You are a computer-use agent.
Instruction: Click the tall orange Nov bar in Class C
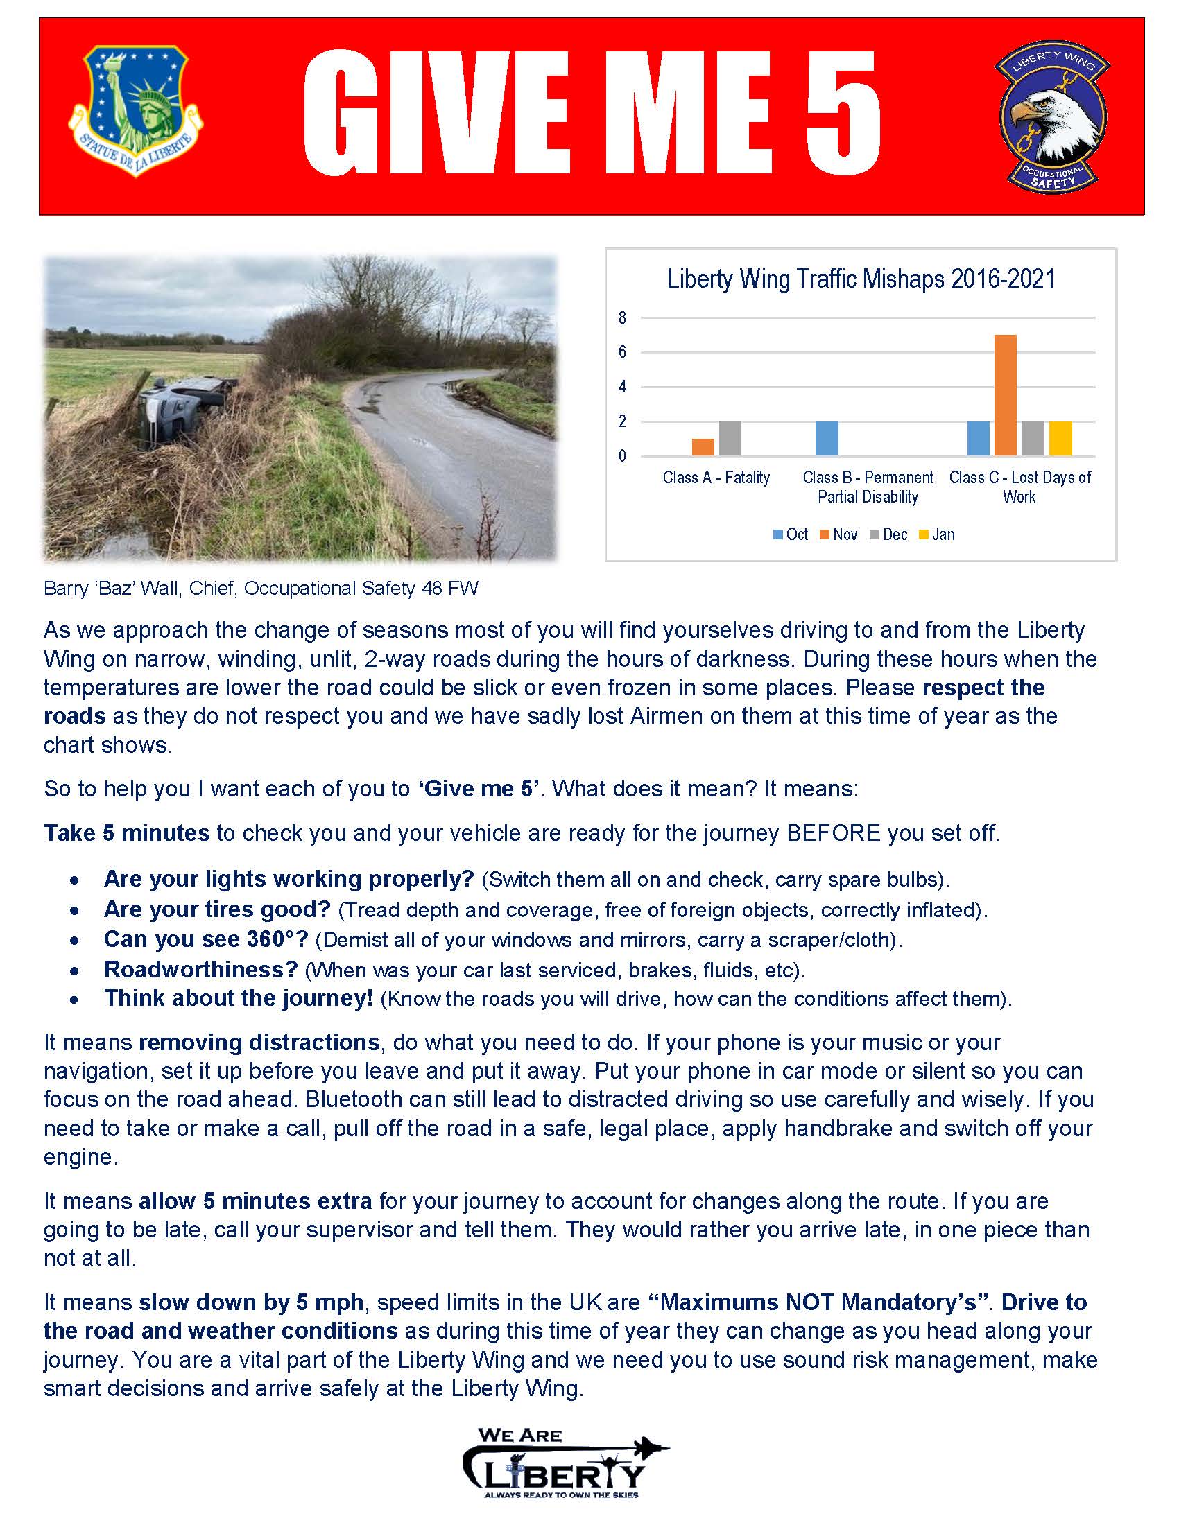1005,395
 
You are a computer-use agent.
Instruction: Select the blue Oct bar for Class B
826,439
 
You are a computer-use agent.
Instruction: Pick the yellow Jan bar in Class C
1060,439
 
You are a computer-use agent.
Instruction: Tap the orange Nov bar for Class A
703,447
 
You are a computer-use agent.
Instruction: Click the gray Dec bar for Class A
730,439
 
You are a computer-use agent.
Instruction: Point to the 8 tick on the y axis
622,318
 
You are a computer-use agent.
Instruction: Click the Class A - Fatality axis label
716,478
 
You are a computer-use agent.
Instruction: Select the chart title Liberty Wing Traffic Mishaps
861,279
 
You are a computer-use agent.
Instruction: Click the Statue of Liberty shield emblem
135,110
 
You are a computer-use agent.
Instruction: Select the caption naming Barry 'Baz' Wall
261,589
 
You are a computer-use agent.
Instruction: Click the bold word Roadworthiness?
201,969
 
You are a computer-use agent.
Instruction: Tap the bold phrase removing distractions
259,1043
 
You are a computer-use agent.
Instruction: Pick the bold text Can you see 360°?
206,939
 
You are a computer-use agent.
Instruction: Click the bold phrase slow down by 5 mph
251,1302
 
